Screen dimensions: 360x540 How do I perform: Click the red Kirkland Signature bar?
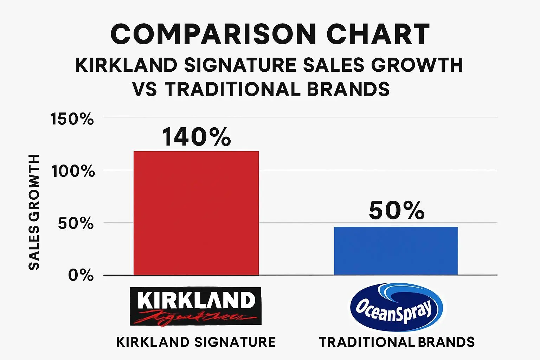pos(196,213)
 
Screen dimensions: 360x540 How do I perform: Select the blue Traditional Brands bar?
pos(396,251)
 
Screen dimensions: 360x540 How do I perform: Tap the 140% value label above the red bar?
pos(197,137)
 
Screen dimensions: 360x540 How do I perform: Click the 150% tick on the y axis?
pos(72,119)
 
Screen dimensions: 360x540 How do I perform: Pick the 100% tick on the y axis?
pos(73,171)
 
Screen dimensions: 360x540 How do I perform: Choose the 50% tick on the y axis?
pos(76,223)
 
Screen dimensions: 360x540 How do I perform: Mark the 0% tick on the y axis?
pos(81,275)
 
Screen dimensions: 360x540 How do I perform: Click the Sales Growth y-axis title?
pos(34,212)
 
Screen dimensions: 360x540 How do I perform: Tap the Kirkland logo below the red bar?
pos(195,306)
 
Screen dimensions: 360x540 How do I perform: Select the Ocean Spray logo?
pos(396,307)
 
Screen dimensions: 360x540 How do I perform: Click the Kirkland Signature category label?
pos(195,342)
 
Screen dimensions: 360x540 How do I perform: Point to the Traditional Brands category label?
pos(397,342)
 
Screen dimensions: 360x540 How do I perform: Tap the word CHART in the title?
pos(378,34)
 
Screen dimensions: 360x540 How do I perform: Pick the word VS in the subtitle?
pos(144,89)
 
